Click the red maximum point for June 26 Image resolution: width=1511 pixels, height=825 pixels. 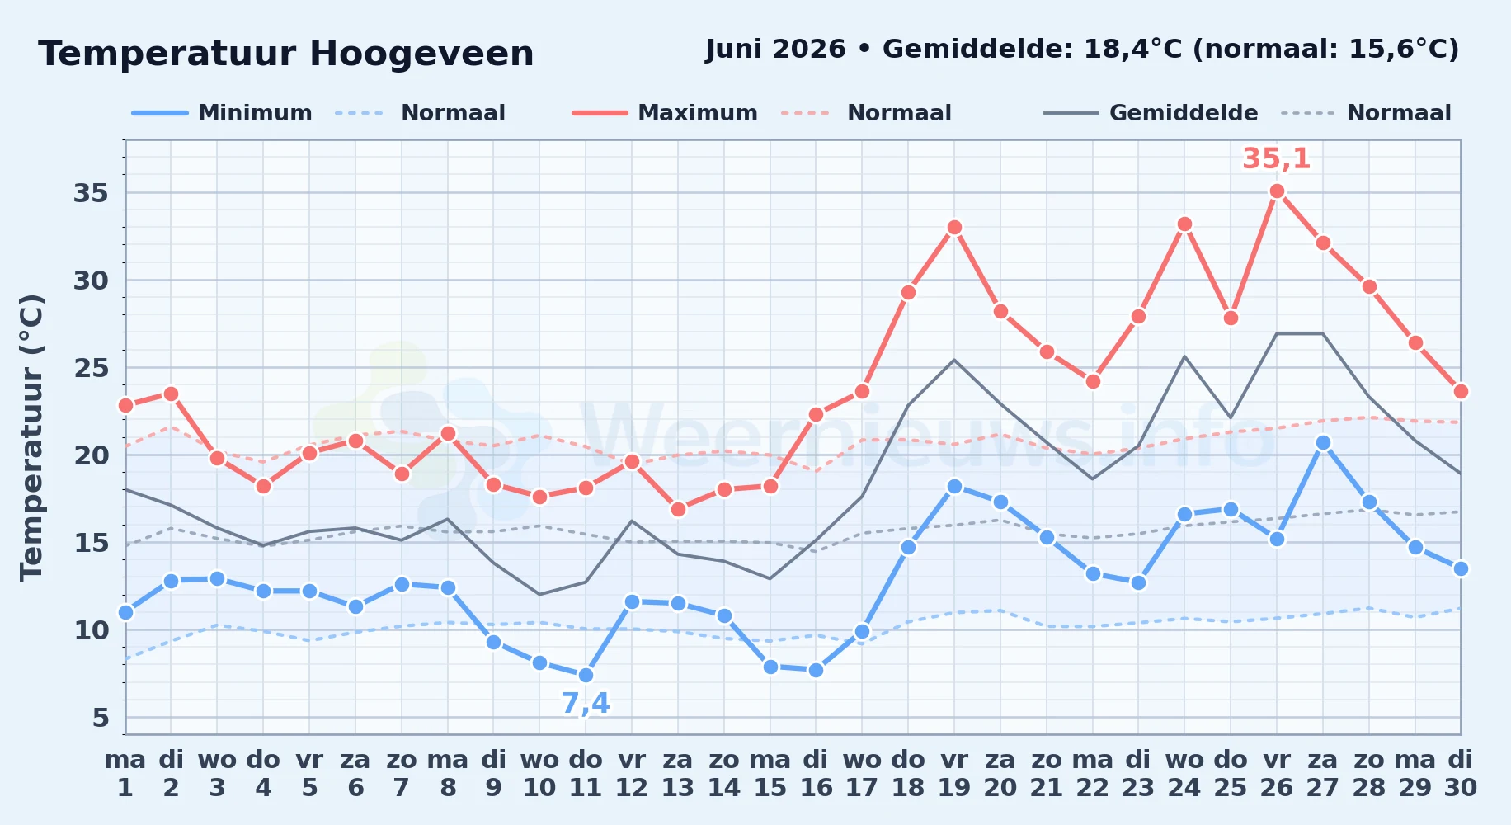tap(1277, 191)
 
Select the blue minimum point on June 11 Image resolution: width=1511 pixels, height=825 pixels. tap(586, 676)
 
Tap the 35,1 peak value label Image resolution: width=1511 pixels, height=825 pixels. tap(1276, 158)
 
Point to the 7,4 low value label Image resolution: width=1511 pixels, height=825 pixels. tap(586, 704)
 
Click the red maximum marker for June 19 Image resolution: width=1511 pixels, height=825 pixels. tap(954, 228)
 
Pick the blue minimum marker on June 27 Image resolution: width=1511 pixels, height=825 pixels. tap(1323, 443)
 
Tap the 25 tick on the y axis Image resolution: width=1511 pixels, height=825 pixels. tap(91, 368)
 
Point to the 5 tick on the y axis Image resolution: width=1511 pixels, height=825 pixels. tap(101, 718)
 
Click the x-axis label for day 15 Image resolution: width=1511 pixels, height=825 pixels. tap(770, 774)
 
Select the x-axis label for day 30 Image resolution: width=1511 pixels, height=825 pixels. tap(1461, 774)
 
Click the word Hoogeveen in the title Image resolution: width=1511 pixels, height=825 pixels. tap(421, 54)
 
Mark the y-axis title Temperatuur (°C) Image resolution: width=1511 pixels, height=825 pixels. tap(31, 437)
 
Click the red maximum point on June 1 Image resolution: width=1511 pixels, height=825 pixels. tap(125, 405)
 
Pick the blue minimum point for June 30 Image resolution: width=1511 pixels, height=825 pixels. tap(1461, 569)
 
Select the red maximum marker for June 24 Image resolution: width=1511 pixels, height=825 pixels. tap(1184, 224)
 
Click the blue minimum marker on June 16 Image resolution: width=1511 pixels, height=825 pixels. tap(816, 671)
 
